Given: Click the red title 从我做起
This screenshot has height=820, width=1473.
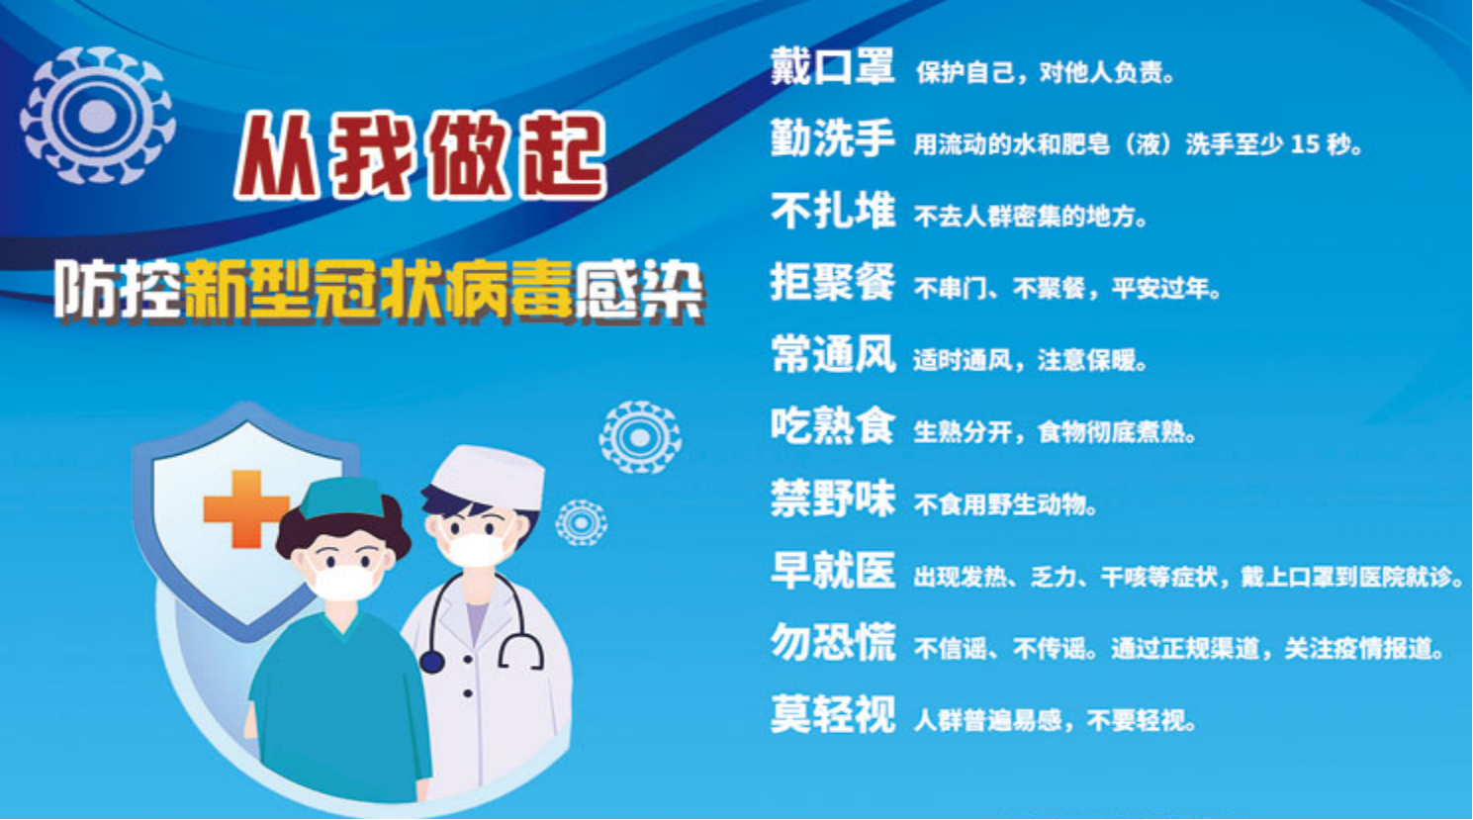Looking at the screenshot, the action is coord(420,156).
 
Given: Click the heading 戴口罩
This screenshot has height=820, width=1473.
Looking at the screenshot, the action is coord(833,66).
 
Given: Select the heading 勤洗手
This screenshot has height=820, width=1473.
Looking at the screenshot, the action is coord(833,138).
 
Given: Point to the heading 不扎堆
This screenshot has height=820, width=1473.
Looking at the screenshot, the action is coord(833,211).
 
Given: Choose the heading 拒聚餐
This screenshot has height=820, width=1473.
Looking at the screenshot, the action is coord(833,283).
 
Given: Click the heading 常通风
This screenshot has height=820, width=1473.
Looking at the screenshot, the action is coord(833,354).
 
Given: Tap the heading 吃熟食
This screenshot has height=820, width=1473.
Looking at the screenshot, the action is coord(833,426).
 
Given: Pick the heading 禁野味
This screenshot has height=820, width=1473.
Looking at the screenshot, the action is coord(833,499).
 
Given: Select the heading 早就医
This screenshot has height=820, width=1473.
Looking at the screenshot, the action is coord(833,571).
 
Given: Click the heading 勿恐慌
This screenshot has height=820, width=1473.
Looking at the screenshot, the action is coord(833,643).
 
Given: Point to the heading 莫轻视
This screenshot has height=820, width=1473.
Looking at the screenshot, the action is coord(833,715).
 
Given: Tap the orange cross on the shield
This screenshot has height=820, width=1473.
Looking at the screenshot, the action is coord(244,508).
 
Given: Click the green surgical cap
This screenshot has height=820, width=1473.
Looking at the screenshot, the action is coord(342,498).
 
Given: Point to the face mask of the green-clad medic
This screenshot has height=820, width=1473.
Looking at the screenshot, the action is coord(344,580).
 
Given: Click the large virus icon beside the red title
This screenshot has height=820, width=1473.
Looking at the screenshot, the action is coord(97,115).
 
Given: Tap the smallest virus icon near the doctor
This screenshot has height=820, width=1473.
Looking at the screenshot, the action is coord(581,523).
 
